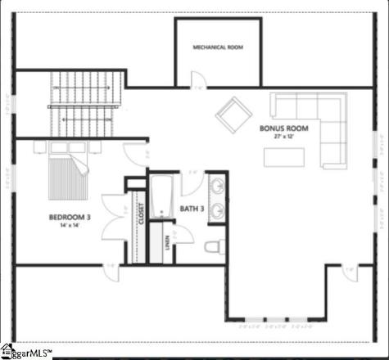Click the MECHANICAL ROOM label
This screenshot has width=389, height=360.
tap(218, 47)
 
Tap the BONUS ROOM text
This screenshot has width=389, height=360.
tap(283, 128)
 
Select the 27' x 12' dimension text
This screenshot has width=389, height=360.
tap(283, 137)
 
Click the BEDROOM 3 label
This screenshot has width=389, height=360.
tap(70, 217)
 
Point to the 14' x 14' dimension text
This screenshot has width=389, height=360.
tap(70, 226)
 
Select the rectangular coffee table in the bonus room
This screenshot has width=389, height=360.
tap(283, 155)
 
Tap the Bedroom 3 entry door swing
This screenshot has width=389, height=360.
tap(135, 155)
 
